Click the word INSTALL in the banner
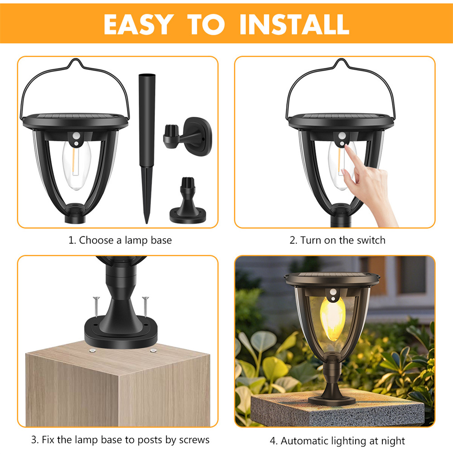pos(294,25)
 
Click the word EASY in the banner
pos(138,25)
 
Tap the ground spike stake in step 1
pos(147,149)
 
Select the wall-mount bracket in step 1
pos(188,136)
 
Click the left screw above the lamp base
pos(96,307)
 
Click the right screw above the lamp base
pos(145,307)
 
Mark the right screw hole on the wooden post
pos(153,351)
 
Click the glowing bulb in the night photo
pos(333,319)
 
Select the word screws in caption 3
pos(194,439)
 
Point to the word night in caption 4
pos(393,441)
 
